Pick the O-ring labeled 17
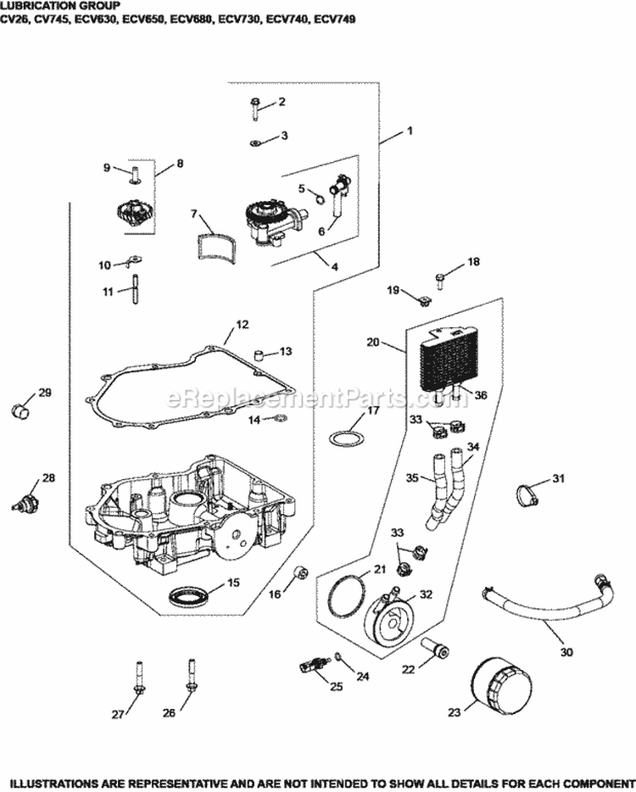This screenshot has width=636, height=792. pos(343,439)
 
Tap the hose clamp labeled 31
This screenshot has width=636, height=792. pos(526,493)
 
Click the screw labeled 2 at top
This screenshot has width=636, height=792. pos(255,105)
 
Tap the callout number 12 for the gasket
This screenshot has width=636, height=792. pos(243,324)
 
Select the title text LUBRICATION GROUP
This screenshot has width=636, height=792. pos(65,5)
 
